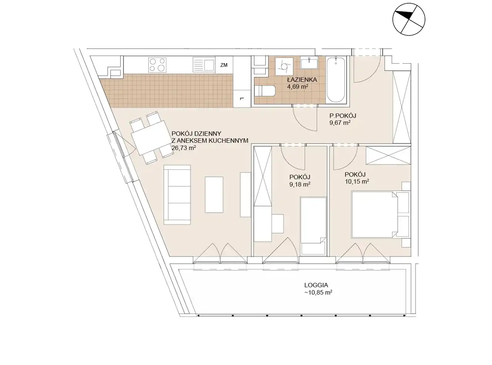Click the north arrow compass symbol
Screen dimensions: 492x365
[409, 19]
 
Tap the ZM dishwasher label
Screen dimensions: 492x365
[224, 65]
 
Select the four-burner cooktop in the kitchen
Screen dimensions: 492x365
[157, 64]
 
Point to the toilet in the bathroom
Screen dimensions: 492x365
[265, 91]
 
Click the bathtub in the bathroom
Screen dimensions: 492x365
[336, 80]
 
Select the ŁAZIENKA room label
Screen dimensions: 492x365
[302, 79]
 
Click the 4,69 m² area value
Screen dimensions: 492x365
[298, 86]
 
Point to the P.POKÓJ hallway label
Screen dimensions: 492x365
[343, 116]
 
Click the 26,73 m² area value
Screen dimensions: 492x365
[183, 148]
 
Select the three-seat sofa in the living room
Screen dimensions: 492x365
[177, 195]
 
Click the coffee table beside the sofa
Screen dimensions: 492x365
[214, 195]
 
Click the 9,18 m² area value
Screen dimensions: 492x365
[300, 184]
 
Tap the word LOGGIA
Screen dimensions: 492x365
[316, 285]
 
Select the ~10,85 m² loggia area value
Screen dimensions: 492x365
[318, 293]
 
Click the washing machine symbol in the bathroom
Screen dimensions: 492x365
[284, 66]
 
